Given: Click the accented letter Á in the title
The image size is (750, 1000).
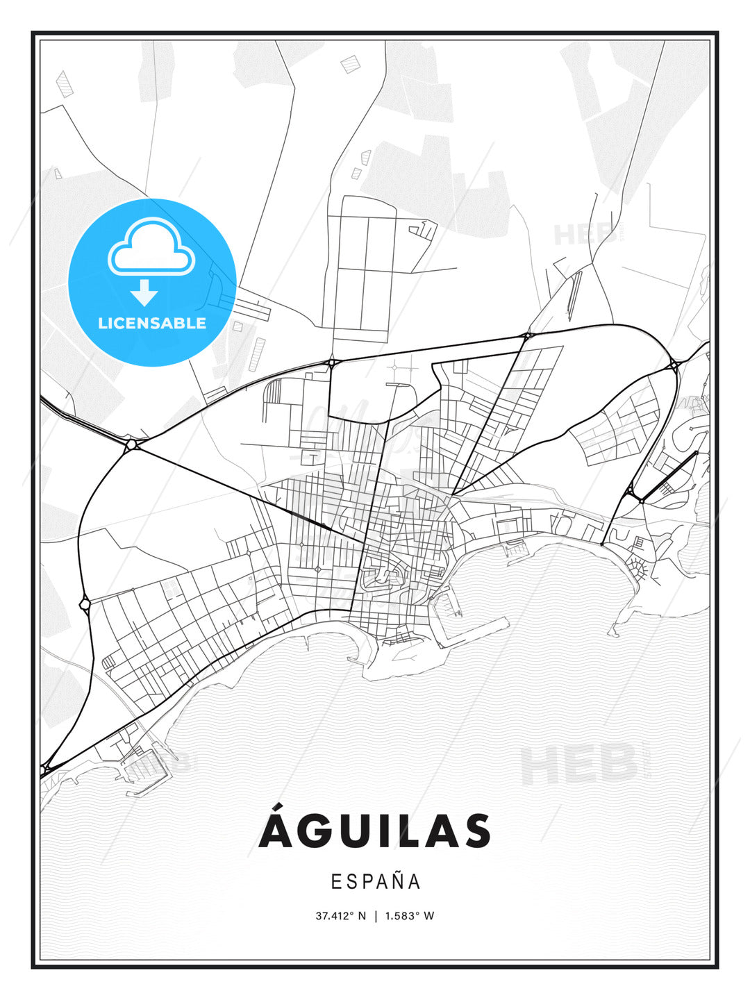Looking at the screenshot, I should (x=275, y=828).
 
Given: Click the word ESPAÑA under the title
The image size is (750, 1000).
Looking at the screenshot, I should (x=376, y=881).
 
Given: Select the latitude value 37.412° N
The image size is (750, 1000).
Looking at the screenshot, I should (x=340, y=916).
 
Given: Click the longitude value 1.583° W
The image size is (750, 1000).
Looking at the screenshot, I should (x=410, y=916).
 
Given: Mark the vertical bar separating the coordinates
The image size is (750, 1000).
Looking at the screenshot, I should (x=376, y=916).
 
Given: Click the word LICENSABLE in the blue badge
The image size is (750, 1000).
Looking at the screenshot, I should (x=152, y=323).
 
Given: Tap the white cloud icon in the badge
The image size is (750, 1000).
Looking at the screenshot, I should (x=151, y=248).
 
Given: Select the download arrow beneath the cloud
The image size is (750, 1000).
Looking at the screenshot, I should (x=144, y=292).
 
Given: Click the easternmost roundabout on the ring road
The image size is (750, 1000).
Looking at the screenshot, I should (x=674, y=365).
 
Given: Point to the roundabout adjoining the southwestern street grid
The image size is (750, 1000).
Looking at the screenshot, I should (x=85, y=604).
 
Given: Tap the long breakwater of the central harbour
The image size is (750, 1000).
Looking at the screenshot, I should (x=479, y=633).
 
